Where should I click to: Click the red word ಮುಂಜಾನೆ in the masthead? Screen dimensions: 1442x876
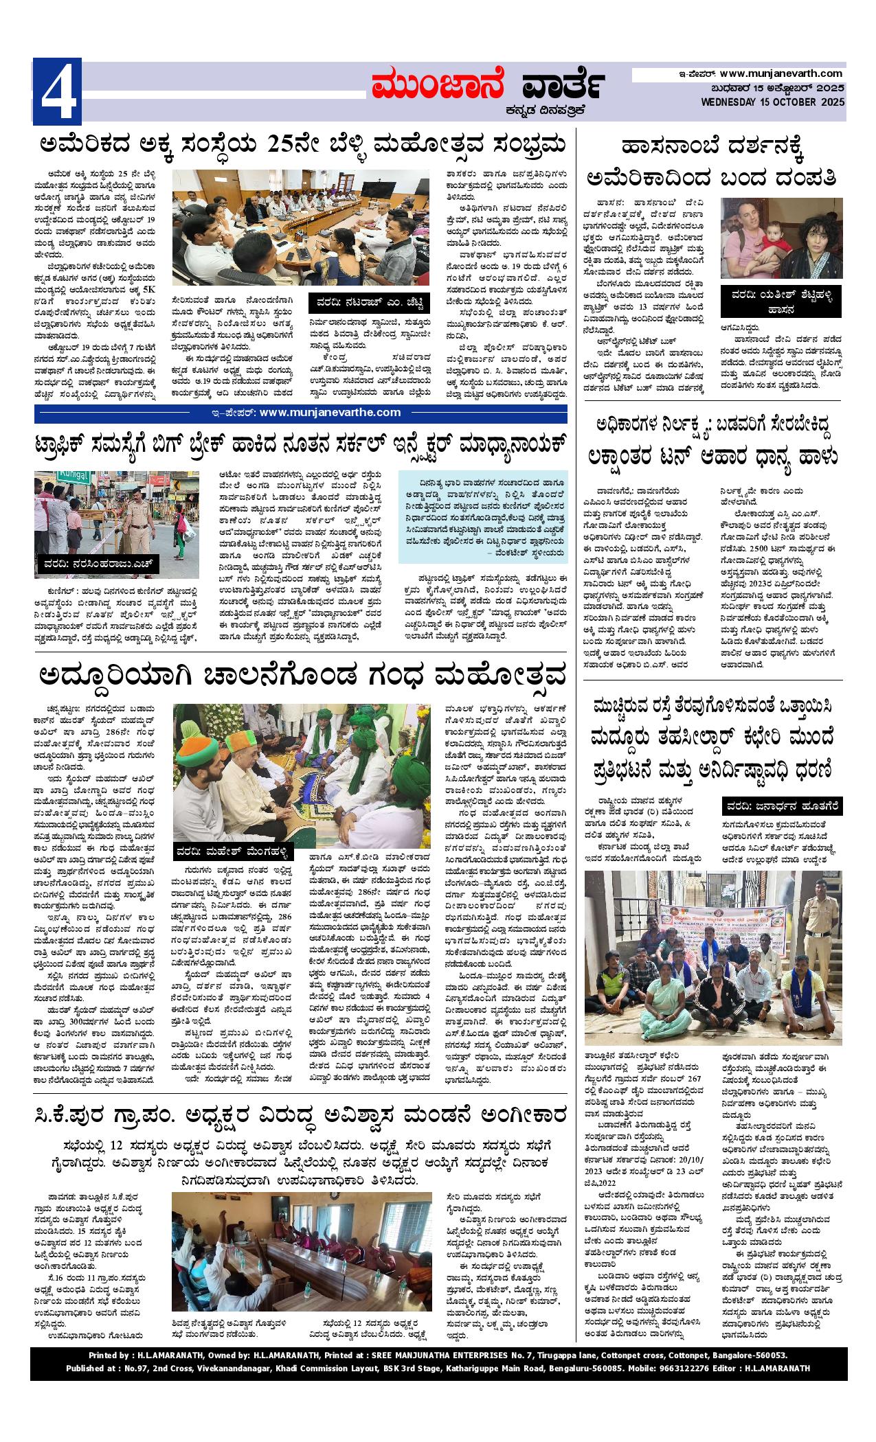coord(438,85)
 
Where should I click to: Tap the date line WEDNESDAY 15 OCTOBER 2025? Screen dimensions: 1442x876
coord(772,102)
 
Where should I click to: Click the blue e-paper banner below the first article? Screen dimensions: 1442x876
coord(301,413)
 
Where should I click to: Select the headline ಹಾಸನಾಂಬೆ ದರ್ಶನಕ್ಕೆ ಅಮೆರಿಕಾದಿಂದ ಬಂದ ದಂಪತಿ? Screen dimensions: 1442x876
coord(711,163)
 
